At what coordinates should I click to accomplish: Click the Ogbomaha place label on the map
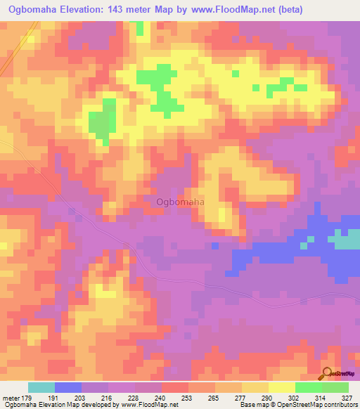(180, 202)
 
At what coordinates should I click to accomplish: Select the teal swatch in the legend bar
(41, 387)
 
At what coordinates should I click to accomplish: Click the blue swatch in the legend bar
(68, 387)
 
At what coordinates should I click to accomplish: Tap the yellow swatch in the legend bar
(281, 387)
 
